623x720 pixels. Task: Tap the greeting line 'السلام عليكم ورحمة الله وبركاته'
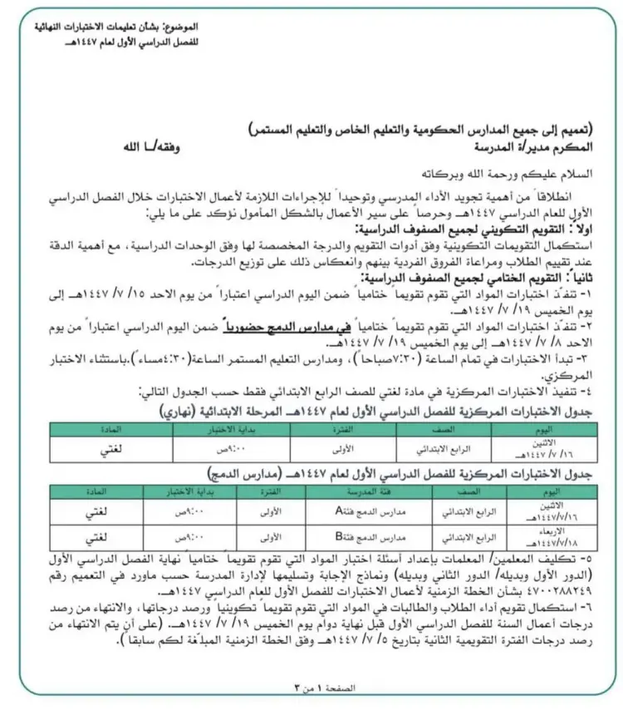(498, 175)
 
